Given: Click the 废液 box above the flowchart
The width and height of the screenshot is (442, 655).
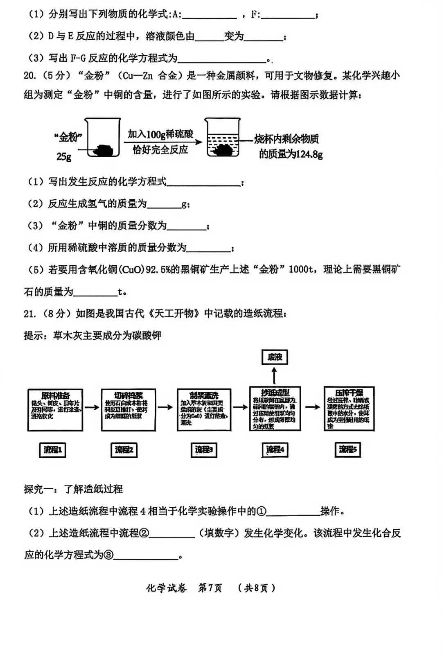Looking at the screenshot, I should pyautogui.click(x=275, y=357).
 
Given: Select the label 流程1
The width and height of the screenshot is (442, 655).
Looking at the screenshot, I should pyautogui.click(x=52, y=450).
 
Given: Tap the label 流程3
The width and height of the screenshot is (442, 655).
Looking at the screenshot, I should pyautogui.click(x=204, y=450).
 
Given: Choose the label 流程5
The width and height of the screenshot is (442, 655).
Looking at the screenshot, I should pyautogui.click(x=347, y=449).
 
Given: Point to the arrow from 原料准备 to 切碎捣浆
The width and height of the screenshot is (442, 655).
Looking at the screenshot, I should pyautogui.click(x=92, y=407).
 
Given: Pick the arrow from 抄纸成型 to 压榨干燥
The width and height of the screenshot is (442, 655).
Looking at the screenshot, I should pyautogui.click(x=312, y=407).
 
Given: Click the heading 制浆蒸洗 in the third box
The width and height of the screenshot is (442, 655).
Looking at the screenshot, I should pyautogui.click(x=204, y=395).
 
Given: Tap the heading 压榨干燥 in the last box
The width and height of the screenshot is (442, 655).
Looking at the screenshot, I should pyautogui.click(x=349, y=393).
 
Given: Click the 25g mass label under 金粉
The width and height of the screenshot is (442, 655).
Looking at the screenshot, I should pyautogui.click(x=64, y=156).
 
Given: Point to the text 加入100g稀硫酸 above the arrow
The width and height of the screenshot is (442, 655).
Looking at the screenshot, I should pyautogui.click(x=160, y=134).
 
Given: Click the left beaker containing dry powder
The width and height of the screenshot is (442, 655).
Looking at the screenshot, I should pyautogui.click(x=103, y=138).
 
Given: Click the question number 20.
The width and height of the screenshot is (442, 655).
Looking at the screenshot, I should pyautogui.click(x=30, y=76).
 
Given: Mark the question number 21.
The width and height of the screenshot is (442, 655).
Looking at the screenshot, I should pyautogui.click(x=30, y=314).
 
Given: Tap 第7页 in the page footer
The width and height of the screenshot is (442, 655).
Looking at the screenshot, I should pyautogui.click(x=210, y=588).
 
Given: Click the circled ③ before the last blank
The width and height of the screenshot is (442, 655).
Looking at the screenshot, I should pyautogui.click(x=108, y=555).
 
